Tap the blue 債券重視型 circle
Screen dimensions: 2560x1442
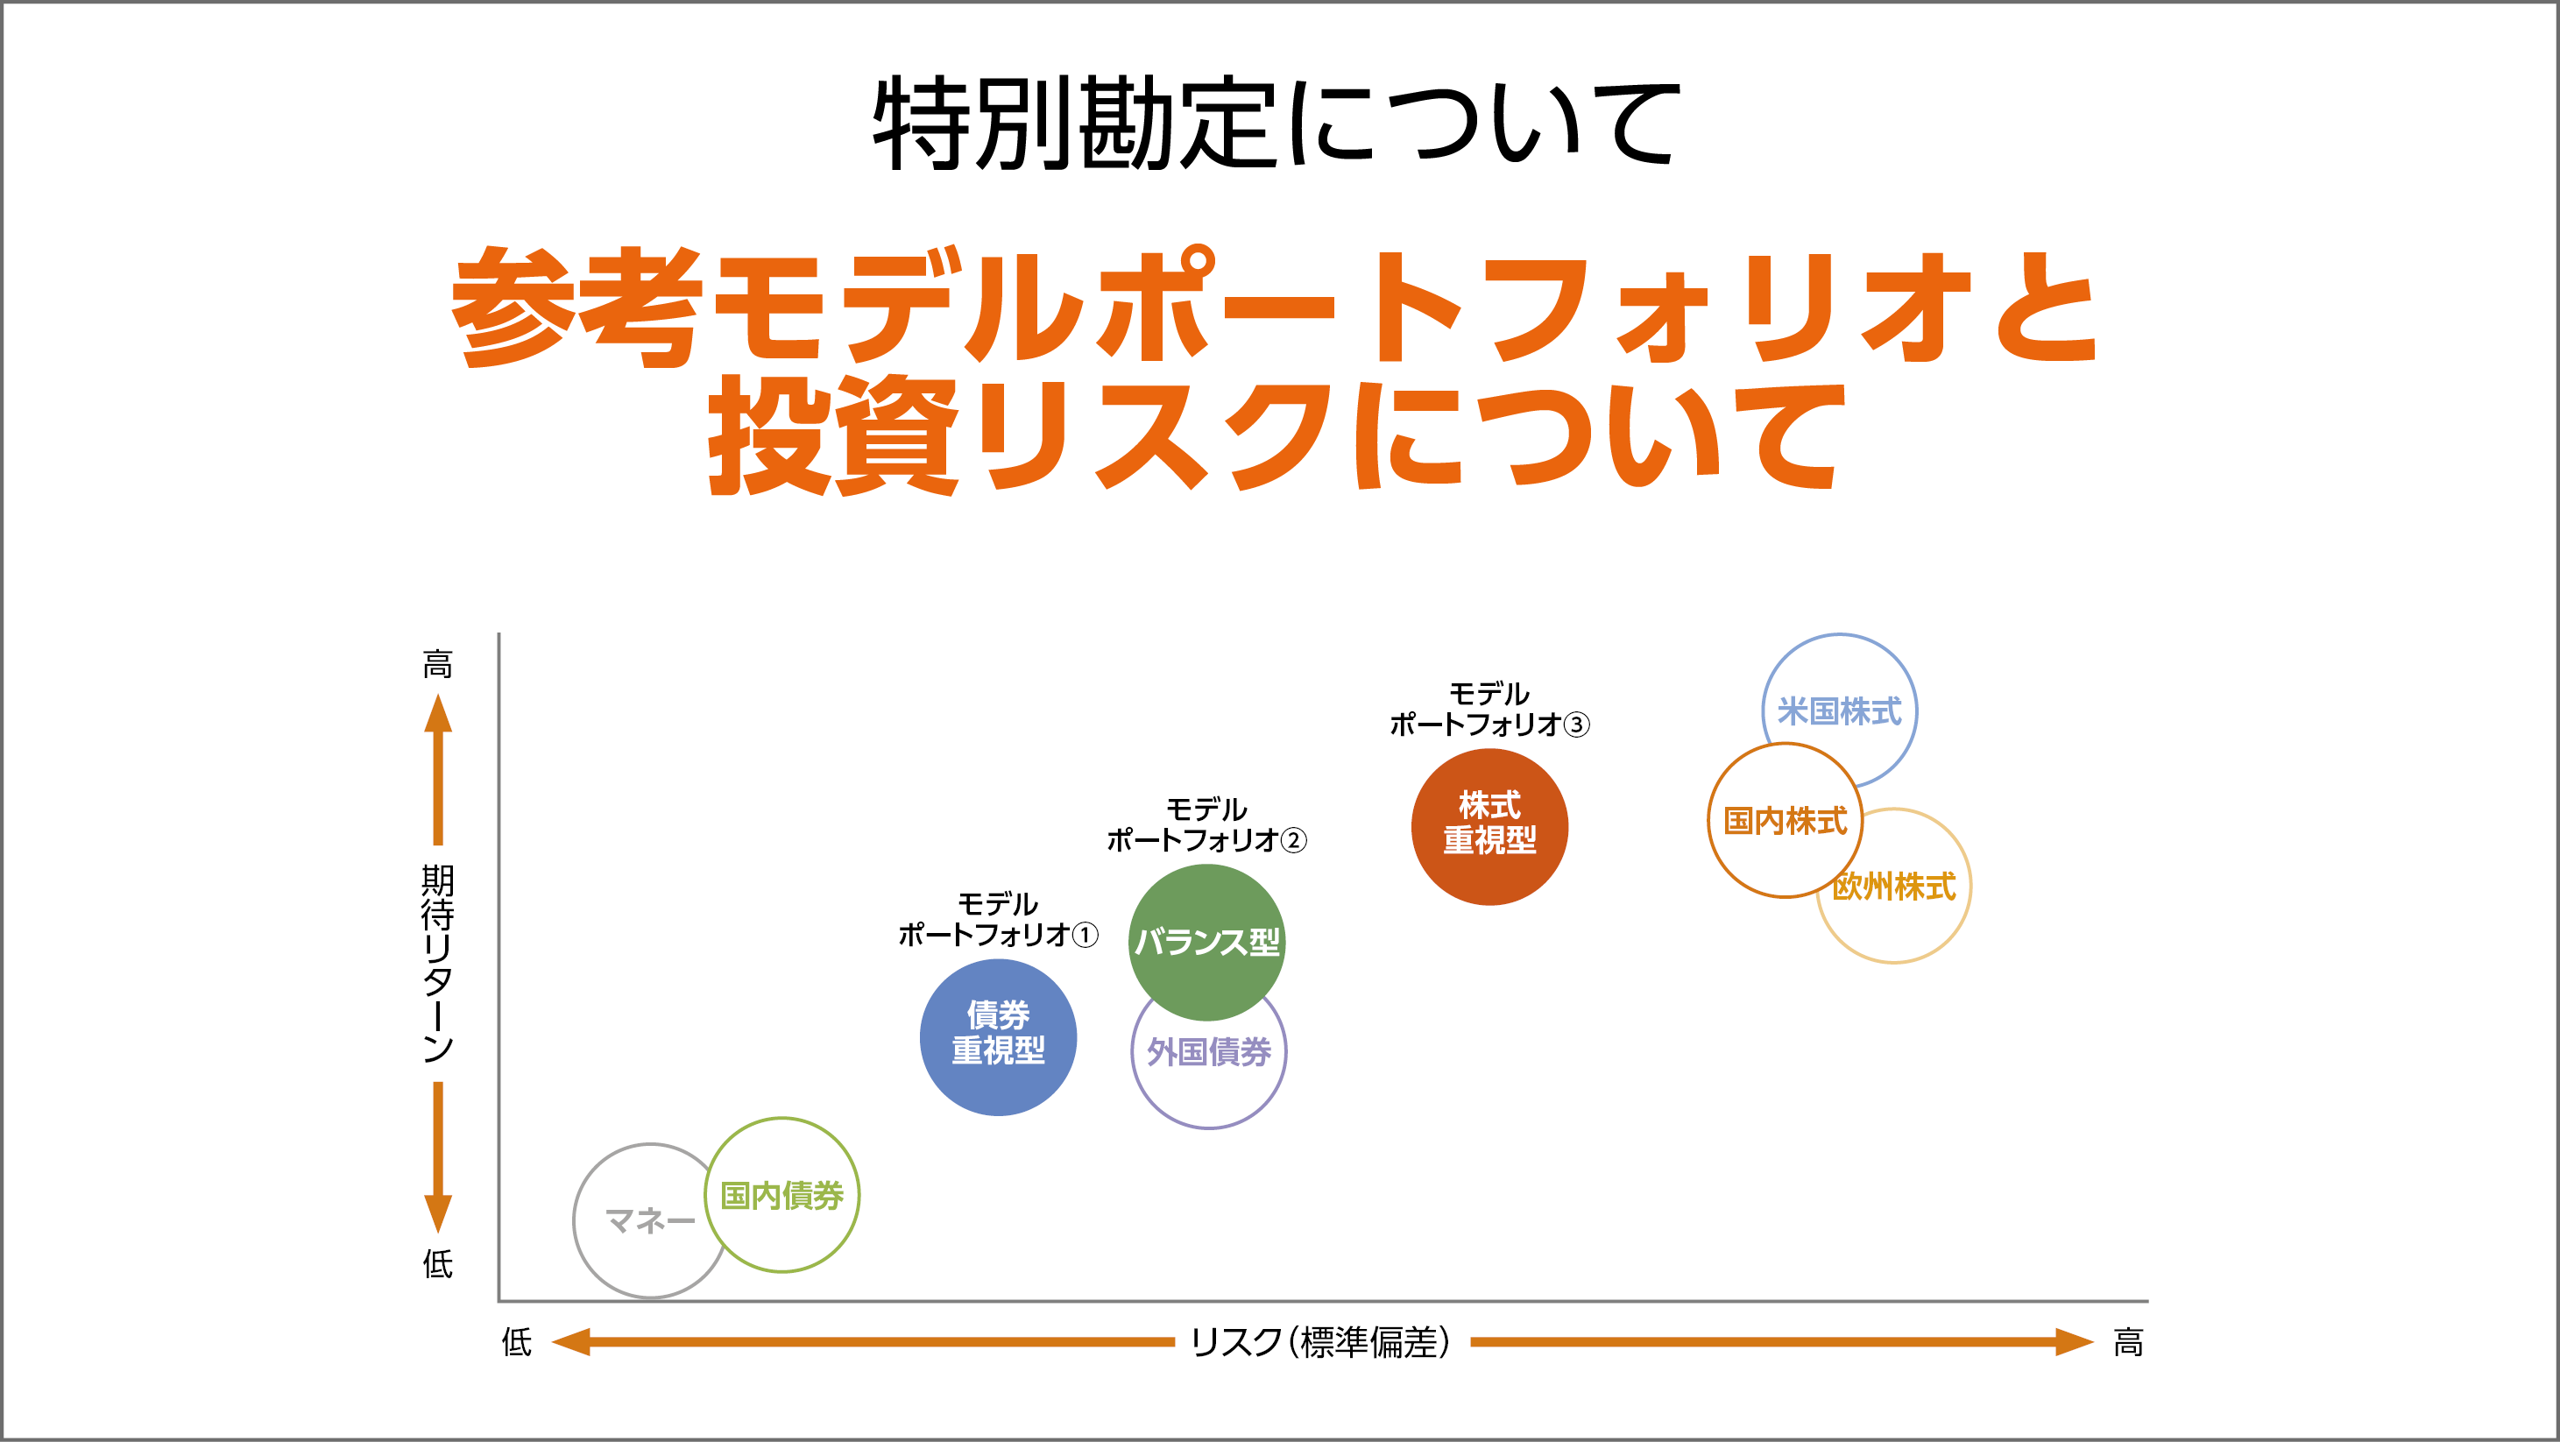click(998, 1036)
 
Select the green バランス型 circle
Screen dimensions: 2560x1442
click(1206, 941)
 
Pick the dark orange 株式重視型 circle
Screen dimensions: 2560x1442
click(1489, 826)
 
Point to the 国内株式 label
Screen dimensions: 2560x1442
click(1785, 821)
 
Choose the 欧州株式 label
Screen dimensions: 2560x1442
click(1893, 887)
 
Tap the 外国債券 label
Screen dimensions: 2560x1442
click(1208, 1051)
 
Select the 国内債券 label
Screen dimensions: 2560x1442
click(781, 1195)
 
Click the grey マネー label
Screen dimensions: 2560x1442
click(650, 1220)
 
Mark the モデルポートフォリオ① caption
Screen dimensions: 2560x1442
click(998, 919)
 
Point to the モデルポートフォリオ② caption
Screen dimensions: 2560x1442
click(1206, 825)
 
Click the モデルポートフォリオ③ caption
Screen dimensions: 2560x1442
click(1489, 709)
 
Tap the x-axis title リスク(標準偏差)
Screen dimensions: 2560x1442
click(1321, 1341)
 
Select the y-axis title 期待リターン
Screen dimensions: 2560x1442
click(437, 963)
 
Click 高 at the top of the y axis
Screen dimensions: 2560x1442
click(437, 663)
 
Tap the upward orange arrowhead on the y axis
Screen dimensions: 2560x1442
click(437, 712)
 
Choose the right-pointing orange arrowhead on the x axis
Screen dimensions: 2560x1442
click(2074, 1341)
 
